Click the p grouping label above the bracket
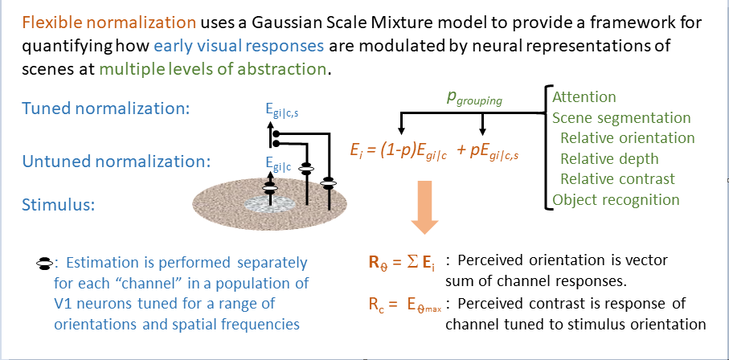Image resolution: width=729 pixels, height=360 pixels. coord(473,100)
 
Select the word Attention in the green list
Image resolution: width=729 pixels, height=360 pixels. coord(584,97)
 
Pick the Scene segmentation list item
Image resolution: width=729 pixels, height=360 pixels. coord(621,118)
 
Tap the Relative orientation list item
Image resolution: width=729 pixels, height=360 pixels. coord(627,138)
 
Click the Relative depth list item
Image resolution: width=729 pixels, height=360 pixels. coord(609,158)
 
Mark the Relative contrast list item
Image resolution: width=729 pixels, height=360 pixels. coord(617,178)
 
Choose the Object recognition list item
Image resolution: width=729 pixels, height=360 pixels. coord(616,199)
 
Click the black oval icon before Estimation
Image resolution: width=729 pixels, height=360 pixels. coord(46,262)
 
